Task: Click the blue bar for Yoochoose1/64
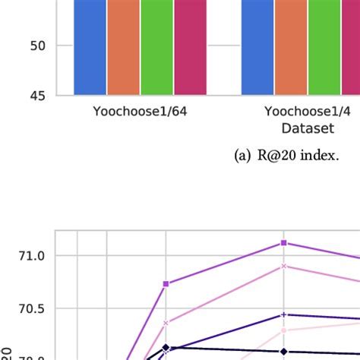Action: [90, 47]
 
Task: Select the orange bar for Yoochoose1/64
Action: [123, 47]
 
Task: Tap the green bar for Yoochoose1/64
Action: [156, 47]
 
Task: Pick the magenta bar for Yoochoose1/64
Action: [190, 47]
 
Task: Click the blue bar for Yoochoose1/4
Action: [257, 47]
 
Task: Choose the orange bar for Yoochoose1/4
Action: [291, 47]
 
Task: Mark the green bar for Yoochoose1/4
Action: [324, 47]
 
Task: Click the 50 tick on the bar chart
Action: [38, 46]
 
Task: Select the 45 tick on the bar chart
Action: [38, 96]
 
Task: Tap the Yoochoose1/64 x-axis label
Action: [140, 112]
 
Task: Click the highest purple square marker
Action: [283, 242]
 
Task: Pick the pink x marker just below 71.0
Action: [283, 266]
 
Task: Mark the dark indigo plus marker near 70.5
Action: [283, 314]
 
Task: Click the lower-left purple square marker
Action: [166, 283]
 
